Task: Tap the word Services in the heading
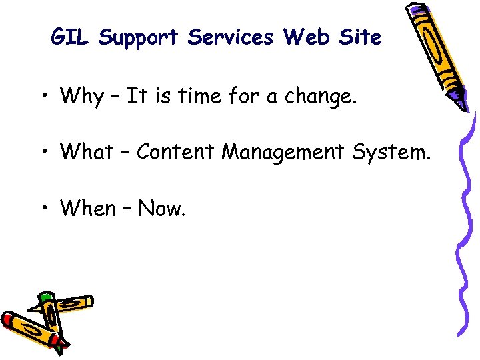point(231,38)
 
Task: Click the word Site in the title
point(360,37)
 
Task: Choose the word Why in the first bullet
point(81,97)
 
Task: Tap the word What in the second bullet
point(87,152)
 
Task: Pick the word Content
point(177,152)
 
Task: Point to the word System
point(396,153)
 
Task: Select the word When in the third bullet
point(88,208)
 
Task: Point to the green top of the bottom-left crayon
point(45,297)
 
